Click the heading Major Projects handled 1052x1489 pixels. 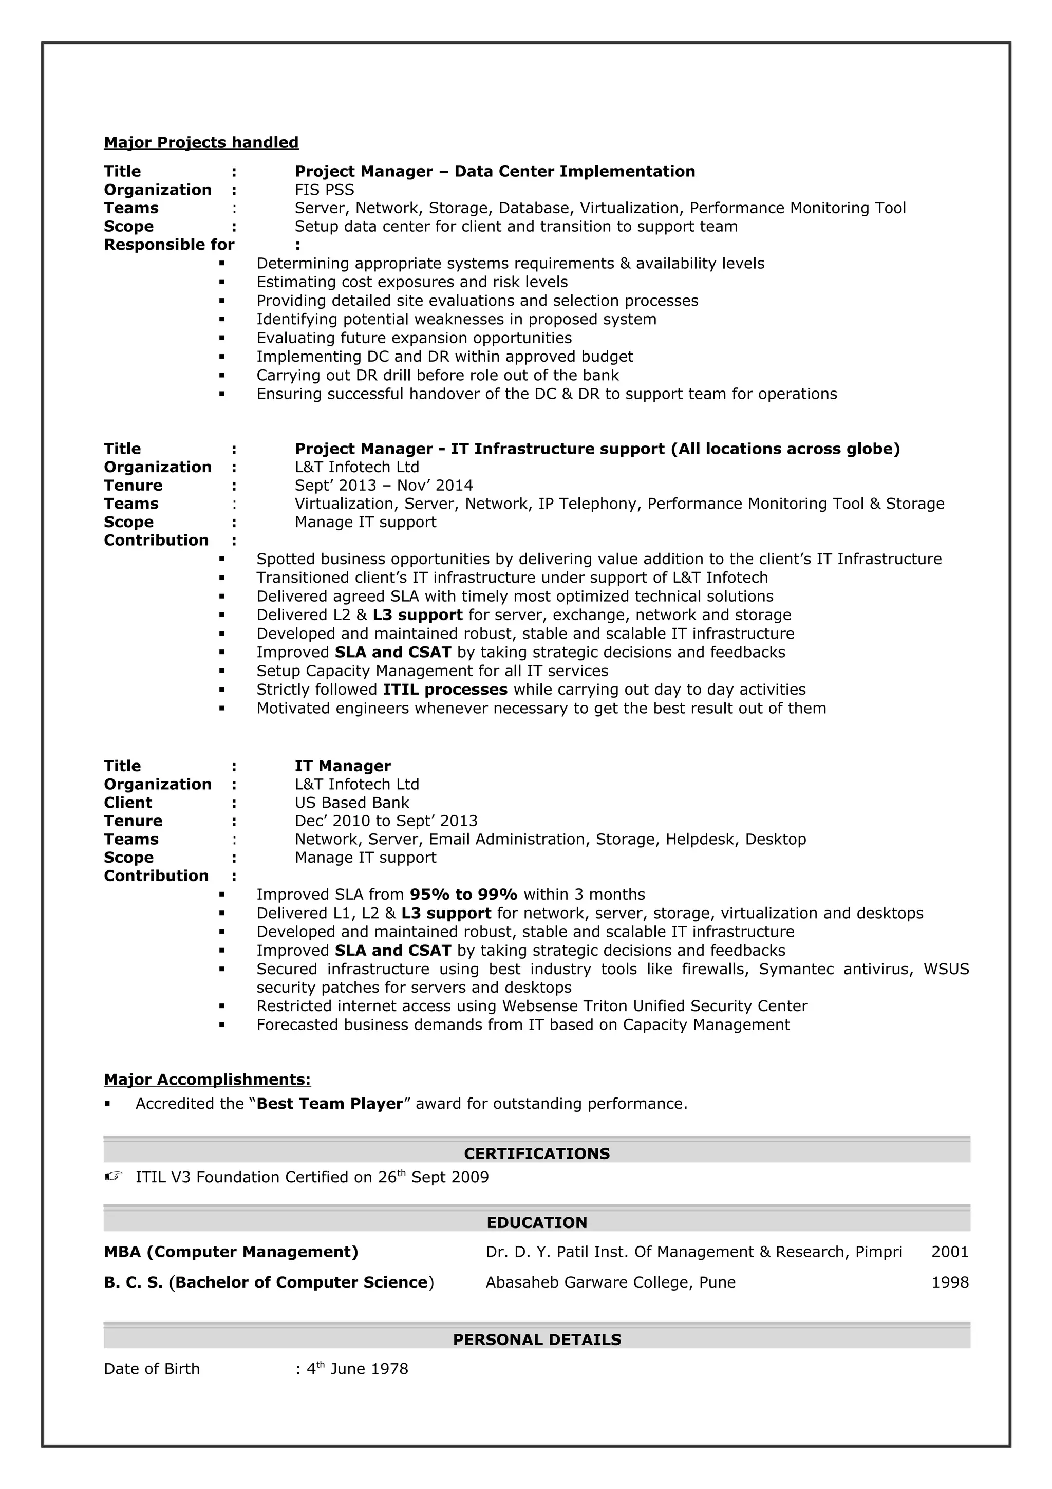click(x=201, y=143)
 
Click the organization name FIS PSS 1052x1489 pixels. click(x=324, y=190)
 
